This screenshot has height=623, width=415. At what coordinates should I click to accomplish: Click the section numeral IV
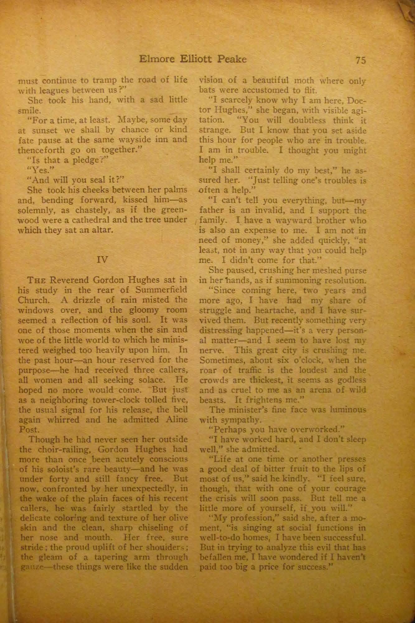(102, 260)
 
